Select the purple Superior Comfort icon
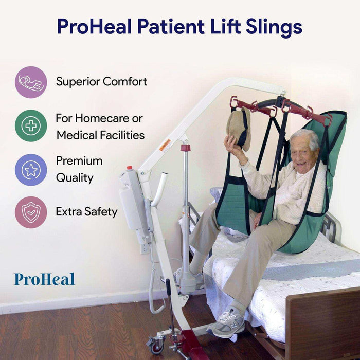[31, 82]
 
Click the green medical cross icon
[31, 126]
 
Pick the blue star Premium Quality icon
[31, 170]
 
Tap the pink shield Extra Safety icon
[31, 212]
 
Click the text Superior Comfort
[101, 81]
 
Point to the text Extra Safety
[86, 211]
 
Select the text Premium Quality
[79, 169]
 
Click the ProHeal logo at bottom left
[44, 279]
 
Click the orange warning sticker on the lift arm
[165, 145]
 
